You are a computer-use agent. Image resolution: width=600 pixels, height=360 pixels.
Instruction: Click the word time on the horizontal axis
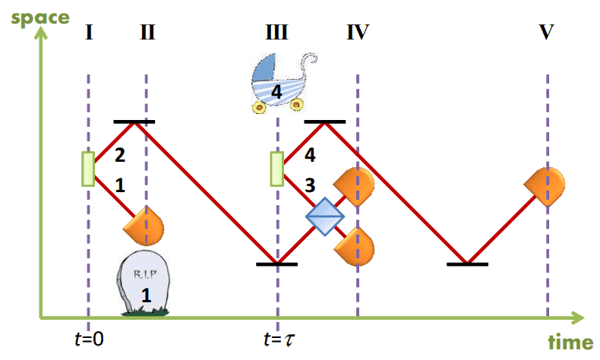[x=567, y=343]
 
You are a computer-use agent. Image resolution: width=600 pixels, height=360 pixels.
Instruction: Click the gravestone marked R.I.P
[x=144, y=283]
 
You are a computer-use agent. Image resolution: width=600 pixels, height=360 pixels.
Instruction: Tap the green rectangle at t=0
[x=88, y=168]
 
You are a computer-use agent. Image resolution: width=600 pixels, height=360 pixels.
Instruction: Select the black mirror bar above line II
[x=134, y=122]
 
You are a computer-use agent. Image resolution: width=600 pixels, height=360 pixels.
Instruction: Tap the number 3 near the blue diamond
[x=309, y=185]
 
